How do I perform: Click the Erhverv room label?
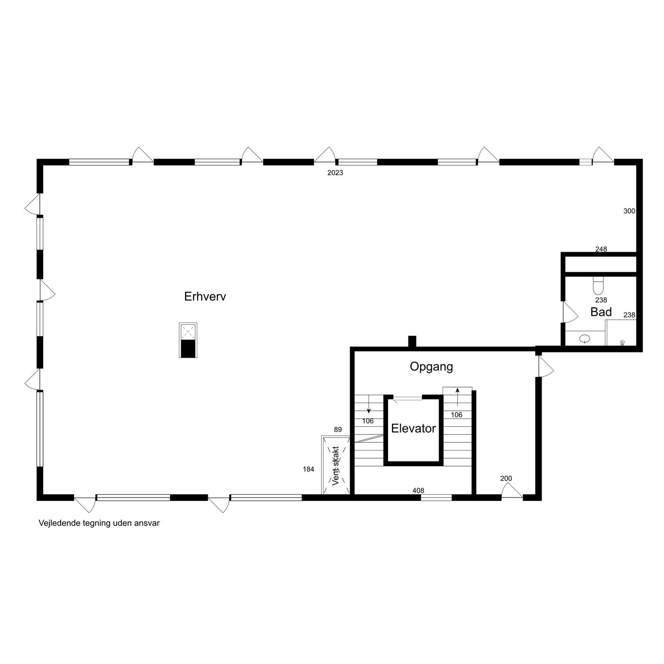(205, 296)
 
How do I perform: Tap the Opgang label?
(431, 367)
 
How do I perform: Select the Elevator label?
(413, 428)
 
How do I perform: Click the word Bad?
(601, 312)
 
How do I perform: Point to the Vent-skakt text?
(336, 466)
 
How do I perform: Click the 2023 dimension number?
(335, 173)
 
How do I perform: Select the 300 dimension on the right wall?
(629, 211)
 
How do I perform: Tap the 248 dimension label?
(601, 249)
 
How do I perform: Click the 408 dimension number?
(418, 490)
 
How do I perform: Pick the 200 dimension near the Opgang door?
(506, 478)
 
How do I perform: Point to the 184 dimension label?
(308, 469)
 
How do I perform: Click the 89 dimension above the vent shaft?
(338, 429)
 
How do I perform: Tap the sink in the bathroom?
(585, 339)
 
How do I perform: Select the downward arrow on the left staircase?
(369, 404)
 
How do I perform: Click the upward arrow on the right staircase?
(457, 397)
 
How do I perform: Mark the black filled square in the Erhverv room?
(188, 348)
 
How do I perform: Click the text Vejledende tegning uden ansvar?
(99, 523)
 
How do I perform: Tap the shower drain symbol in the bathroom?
(622, 342)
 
